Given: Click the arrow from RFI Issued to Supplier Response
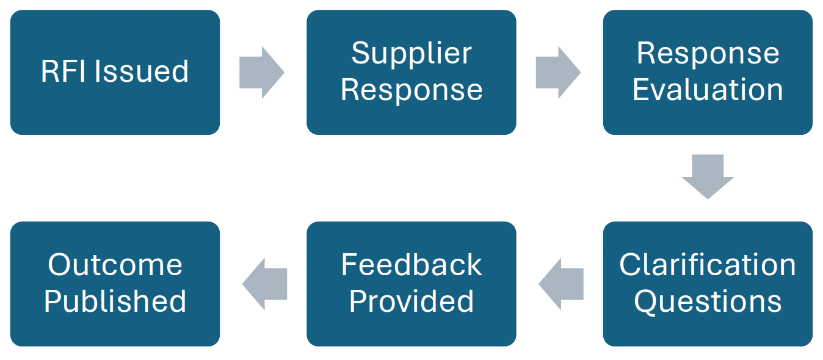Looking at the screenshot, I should click(x=261, y=72).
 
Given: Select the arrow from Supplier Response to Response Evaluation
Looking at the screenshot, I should click(x=558, y=72).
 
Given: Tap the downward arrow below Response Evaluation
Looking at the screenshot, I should click(x=707, y=176).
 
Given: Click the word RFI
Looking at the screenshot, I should click(x=64, y=71).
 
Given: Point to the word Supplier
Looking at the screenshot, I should click(x=411, y=54).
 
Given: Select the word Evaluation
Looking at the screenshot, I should click(x=707, y=90).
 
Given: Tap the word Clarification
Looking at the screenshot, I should click(x=707, y=265).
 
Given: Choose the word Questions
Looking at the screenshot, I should click(x=707, y=301).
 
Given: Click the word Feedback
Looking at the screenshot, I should click(x=411, y=265).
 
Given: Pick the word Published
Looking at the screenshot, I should click(x=115, y=302).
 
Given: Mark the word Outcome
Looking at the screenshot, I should click(x=115, y=265).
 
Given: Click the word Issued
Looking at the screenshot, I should click(x=142, y=71).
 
